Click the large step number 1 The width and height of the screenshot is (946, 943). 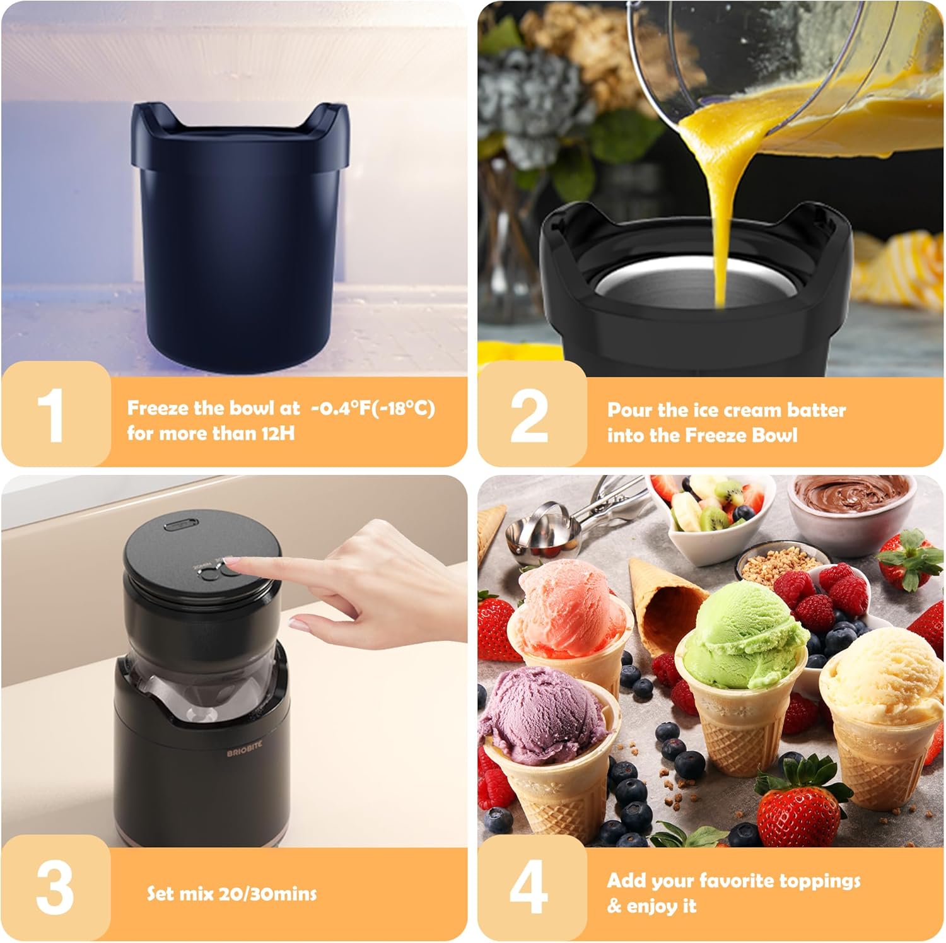50,415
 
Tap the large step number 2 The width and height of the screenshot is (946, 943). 528,415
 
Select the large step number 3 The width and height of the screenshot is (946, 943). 54,887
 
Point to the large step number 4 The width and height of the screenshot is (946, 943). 528,887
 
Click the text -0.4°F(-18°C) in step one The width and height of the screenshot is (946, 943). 373,408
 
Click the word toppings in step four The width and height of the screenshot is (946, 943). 820,881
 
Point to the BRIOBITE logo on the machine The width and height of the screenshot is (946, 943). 245,748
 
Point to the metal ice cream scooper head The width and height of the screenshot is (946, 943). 533,536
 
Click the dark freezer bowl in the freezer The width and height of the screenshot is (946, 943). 240,233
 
